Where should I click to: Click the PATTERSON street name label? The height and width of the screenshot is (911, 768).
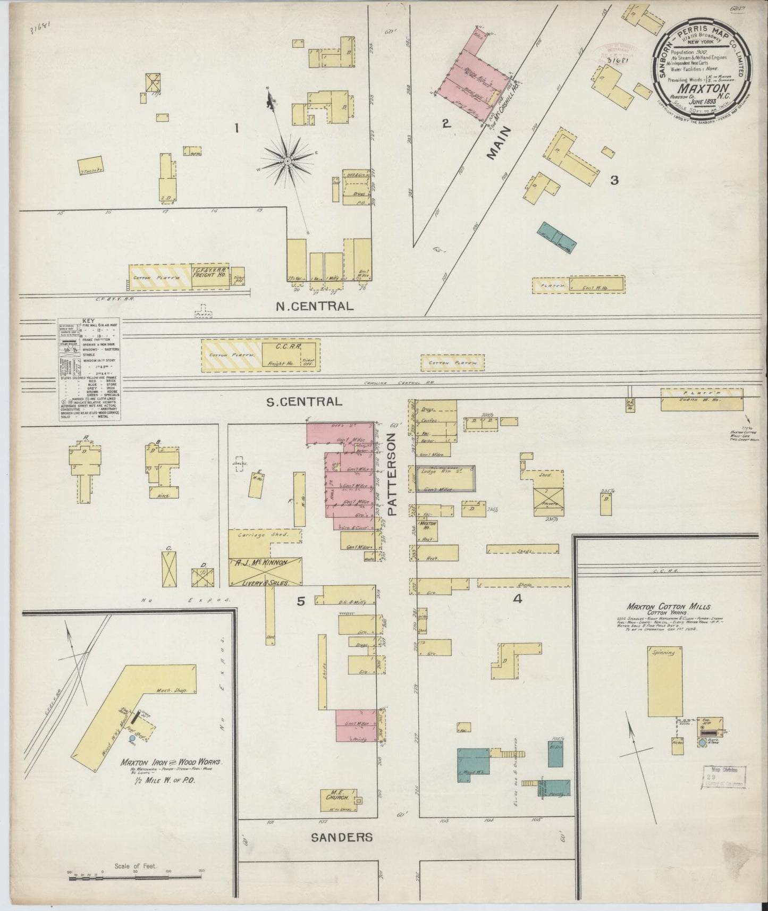392,475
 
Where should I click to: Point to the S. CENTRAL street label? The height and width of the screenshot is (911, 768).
303,402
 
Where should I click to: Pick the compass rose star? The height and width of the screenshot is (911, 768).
287,160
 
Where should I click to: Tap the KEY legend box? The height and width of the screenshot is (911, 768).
89,370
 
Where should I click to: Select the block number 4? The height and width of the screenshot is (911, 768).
517,598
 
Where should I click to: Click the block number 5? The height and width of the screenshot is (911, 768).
301,601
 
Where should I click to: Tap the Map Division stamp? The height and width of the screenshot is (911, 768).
724,775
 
